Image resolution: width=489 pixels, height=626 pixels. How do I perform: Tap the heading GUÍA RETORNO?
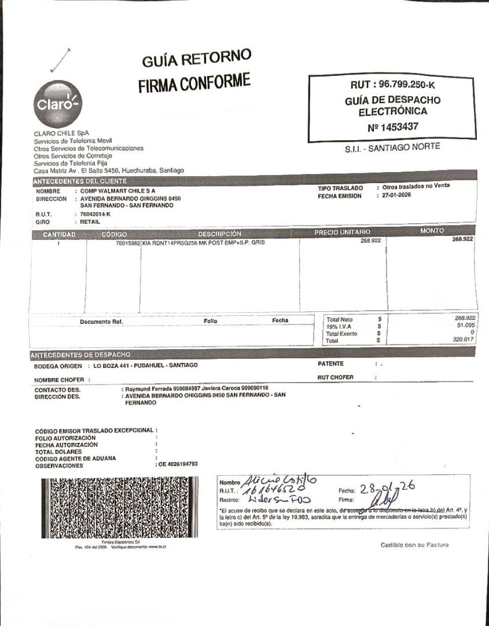point(196,59)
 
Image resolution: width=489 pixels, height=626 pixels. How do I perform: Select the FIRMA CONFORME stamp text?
point(194,83)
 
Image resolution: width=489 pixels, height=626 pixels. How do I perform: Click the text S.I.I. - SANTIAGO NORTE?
point(392,147)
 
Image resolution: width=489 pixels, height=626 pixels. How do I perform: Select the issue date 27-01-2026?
point(400,196)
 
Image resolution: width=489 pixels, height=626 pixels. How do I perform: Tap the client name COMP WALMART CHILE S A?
point(117,191)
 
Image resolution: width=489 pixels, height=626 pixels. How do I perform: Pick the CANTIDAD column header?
point(59,234)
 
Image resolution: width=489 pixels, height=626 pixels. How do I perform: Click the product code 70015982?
point(128,243)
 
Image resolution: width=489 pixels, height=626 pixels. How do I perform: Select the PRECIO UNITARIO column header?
point(342,232)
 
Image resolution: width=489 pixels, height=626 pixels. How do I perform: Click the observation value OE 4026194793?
point(178,464)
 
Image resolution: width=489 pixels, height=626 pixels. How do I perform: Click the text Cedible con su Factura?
point(414,545)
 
